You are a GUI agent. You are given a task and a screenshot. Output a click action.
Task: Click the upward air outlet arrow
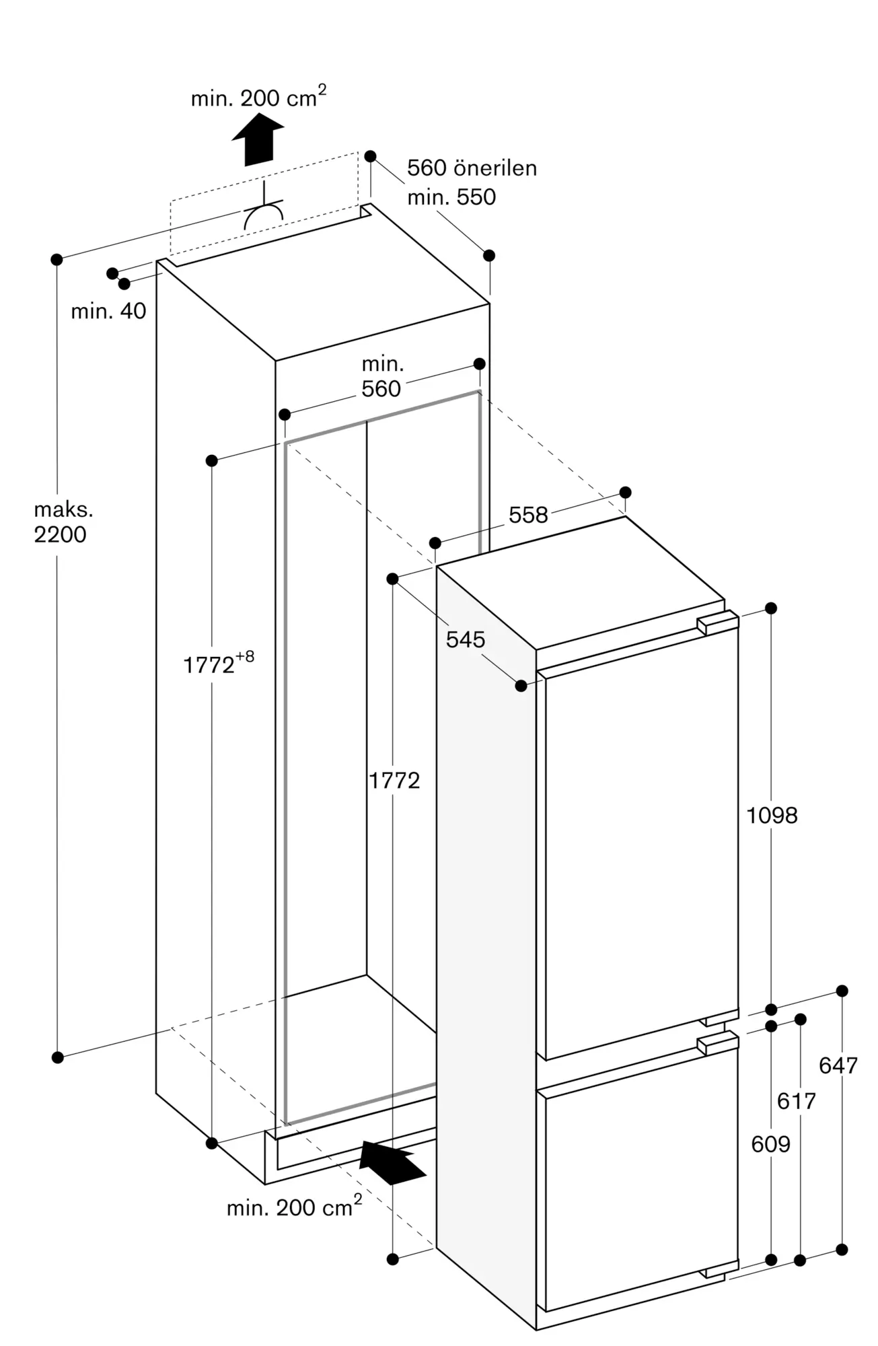click(x=258, y=139)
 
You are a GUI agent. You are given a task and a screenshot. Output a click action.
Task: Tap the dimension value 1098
click(x=772, y=816)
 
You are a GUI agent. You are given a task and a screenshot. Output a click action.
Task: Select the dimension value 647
click(x=838, y=1065)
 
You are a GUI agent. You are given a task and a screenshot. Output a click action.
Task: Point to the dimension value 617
click(x=796, y=1101)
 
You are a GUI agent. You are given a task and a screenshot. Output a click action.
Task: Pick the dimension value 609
click(x=771, y=1143)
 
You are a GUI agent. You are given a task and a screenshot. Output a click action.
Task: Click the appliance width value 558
click(x=528, y=515)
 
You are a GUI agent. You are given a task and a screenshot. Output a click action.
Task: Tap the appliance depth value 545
click(x=466, y=639)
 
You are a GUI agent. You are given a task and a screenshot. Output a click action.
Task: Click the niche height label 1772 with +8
click(x=219, y=662)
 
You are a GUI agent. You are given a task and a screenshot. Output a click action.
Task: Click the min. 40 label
click(x=108, y=311)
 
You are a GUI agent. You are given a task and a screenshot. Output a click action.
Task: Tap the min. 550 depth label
click(x=451, y=197)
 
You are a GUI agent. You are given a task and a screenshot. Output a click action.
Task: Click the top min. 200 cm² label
click(x=258, y=98)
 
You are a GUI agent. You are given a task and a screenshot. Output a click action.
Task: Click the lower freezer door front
click(x=641, y=1182)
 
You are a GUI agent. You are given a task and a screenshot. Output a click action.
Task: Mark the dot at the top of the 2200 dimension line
click(x=57, y=259)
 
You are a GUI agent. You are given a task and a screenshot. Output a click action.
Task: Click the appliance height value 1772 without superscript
click(x=394, y=780)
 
